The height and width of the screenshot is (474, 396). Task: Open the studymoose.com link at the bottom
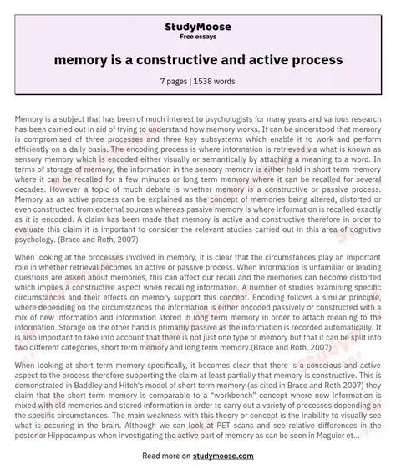coord(226,456)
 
